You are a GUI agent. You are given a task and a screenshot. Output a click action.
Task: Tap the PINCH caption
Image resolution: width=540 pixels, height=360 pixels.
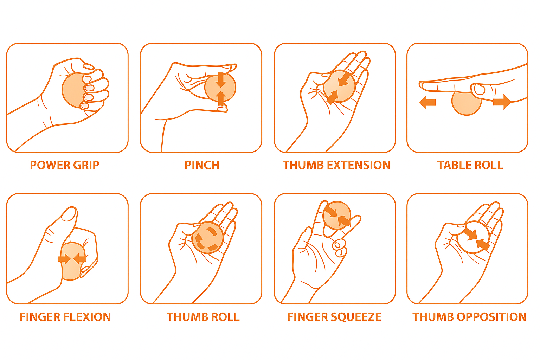point(202,165)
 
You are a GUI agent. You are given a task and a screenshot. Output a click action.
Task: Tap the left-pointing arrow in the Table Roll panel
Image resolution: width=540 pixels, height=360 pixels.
point(427,102)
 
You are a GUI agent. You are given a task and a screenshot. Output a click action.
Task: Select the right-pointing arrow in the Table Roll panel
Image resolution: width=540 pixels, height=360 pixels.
point(502,102)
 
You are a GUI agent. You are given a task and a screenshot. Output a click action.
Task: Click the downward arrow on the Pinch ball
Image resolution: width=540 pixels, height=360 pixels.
point(220,79)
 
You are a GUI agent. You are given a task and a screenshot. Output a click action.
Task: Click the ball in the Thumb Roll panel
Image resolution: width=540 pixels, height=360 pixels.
point(207,238)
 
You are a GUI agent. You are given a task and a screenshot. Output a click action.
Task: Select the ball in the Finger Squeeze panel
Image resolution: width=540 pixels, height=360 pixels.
point(337,215)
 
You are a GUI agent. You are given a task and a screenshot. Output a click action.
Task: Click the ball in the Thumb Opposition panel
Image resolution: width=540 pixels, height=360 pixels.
point(473,237)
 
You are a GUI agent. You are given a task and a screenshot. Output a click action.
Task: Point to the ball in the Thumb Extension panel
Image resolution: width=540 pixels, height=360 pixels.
point(339,86)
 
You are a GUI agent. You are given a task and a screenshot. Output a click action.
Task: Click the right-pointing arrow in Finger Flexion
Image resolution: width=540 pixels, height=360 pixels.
point(64,259)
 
